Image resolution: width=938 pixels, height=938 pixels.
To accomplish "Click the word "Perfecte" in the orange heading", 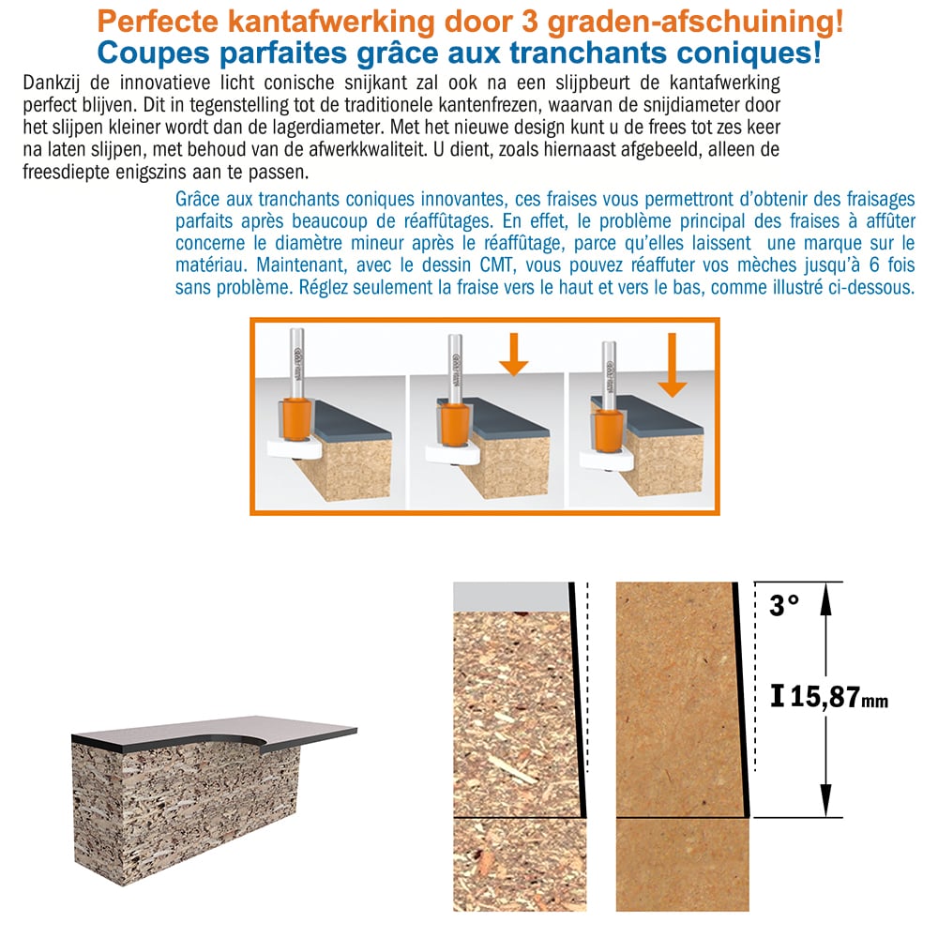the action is coord(158,23).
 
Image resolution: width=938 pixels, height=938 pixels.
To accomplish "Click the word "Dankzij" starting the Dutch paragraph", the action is coord(55,83).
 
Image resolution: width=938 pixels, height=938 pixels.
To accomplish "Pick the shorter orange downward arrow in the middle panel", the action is coord(513,355).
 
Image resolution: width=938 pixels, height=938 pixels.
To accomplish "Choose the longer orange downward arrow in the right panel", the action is coord(672,365).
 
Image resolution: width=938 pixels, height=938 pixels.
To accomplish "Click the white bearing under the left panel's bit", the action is coord(294,450).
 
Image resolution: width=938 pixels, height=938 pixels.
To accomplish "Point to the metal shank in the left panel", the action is coord(296,362).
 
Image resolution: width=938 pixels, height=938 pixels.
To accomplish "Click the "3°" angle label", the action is coord(784,605).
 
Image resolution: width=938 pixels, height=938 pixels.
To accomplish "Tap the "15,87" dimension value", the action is coord(825,696).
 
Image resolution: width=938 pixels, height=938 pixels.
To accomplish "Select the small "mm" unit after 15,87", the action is coord(874,701).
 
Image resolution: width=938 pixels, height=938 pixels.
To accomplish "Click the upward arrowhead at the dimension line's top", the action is coord(825,598).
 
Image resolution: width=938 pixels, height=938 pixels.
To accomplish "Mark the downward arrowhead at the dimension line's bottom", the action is coord(825,801).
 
